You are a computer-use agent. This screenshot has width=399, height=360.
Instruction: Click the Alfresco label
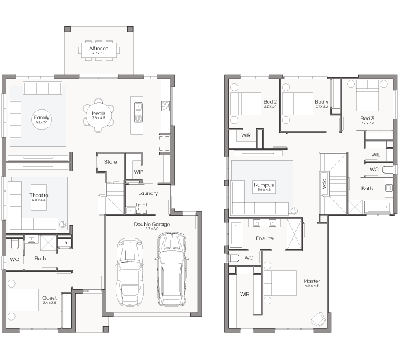tap(99, 49)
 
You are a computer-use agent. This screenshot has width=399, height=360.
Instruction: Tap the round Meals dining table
tap(98, 115)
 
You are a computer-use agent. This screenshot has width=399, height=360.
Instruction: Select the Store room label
tap(110, 162)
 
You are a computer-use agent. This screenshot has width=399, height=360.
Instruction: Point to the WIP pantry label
tap(138, 172)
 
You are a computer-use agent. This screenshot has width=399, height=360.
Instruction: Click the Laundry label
tap(148, 193)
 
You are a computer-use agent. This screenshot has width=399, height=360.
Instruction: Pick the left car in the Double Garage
tap(130, 271)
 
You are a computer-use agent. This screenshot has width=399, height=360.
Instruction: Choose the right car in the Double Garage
tap(171, 269)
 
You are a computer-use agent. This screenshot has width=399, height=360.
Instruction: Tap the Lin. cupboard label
tap(64, 243)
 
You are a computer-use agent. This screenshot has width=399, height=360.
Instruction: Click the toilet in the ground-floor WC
tap(15, 244)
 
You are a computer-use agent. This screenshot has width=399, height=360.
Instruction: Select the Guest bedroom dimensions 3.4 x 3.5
tap(50, 303)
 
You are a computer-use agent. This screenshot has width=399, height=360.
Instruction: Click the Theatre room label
tap(39, 196)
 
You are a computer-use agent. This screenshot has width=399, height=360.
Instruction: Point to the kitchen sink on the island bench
tap(138, 112)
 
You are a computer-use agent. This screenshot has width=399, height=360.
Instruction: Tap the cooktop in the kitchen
tap(165, 106)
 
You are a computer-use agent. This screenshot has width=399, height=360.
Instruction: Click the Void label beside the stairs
tap(324, 183)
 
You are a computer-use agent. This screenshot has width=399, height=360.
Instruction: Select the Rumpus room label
tap(264, 185)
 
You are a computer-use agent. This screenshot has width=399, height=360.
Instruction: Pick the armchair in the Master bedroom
tap(318, 319)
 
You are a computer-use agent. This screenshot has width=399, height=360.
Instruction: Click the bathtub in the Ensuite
tap(236, 234)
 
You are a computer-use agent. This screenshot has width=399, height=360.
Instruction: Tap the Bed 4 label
tap(322, 102)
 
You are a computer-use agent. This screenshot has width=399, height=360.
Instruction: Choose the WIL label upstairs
tap(376, 155)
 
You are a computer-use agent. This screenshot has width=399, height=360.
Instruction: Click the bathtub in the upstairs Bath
tap(378, 207)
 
